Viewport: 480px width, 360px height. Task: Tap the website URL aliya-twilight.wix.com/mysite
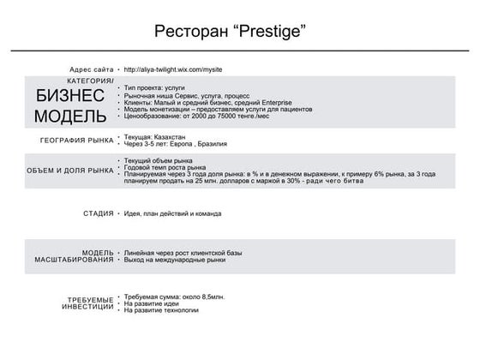point(174,69)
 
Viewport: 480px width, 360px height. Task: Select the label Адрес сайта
point(91,69)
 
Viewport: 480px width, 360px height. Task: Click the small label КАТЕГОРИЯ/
point(90,81)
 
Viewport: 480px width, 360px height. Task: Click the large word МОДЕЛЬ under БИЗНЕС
point(71,115)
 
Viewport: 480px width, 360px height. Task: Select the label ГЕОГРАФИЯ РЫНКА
point(76,140)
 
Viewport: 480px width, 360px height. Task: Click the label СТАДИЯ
point(99,213)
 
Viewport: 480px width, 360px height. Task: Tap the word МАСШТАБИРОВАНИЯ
point(75,259)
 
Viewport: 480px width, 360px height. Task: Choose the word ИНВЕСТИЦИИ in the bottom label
point(87,306)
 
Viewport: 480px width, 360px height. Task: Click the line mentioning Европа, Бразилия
point(176,143)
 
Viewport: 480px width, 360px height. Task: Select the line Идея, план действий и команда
point(173,213)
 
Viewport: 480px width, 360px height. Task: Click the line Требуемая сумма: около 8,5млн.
point(174,296)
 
